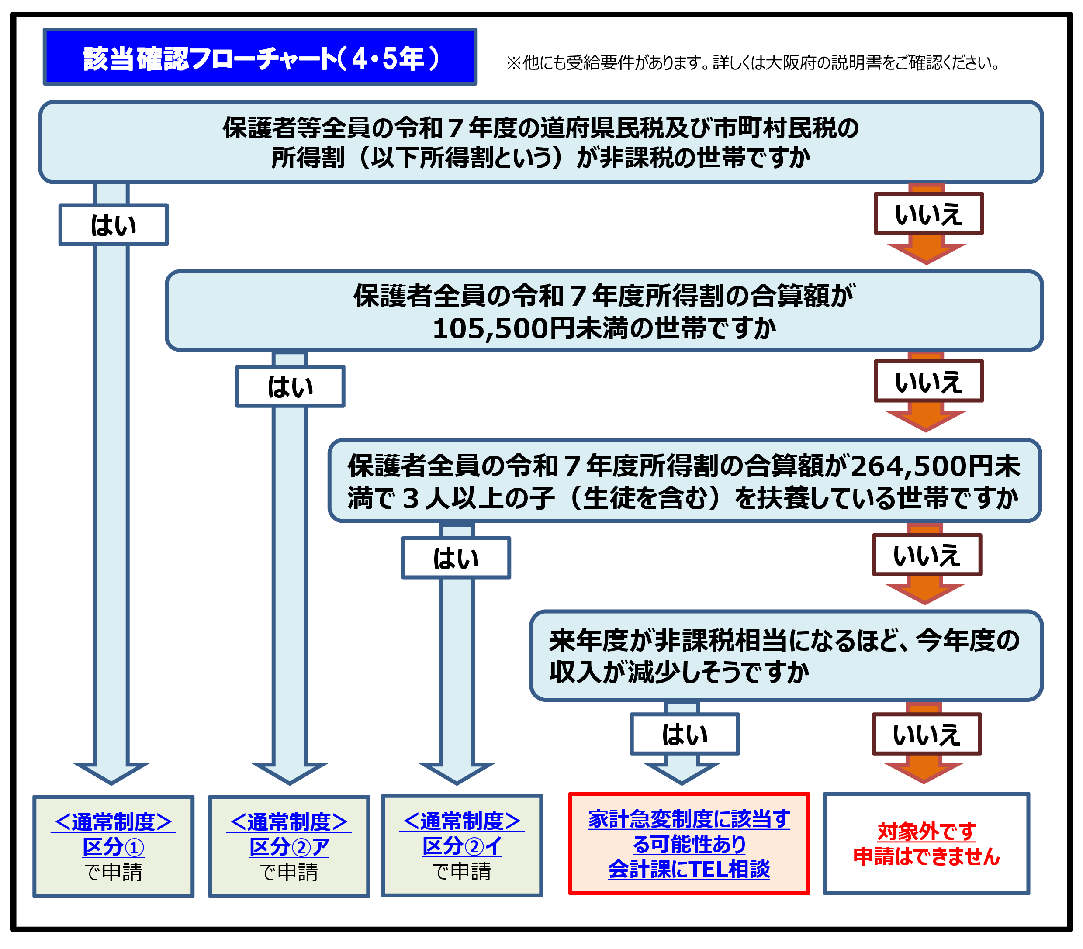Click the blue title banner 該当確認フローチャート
coord(260,57)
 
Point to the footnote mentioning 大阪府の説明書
coord(752,63)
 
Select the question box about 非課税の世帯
coord(540,142)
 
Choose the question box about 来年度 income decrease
coord(786,656)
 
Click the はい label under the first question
coord(114,225)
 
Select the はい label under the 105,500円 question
coord(291,387)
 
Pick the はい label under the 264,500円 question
coord(456,558)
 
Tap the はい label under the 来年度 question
coord(685,734)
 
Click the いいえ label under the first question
coord(928,214)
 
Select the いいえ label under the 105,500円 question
coord(928,381)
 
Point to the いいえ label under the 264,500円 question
coord(927,555)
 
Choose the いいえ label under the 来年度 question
coord(927,734)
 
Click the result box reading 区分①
coord(114,847)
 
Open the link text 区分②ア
coord(289,847)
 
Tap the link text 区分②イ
coord(462,846)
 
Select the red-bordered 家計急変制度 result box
coord(689,844)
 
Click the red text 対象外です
coord(926,832)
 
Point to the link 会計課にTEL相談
coord(689,870)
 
